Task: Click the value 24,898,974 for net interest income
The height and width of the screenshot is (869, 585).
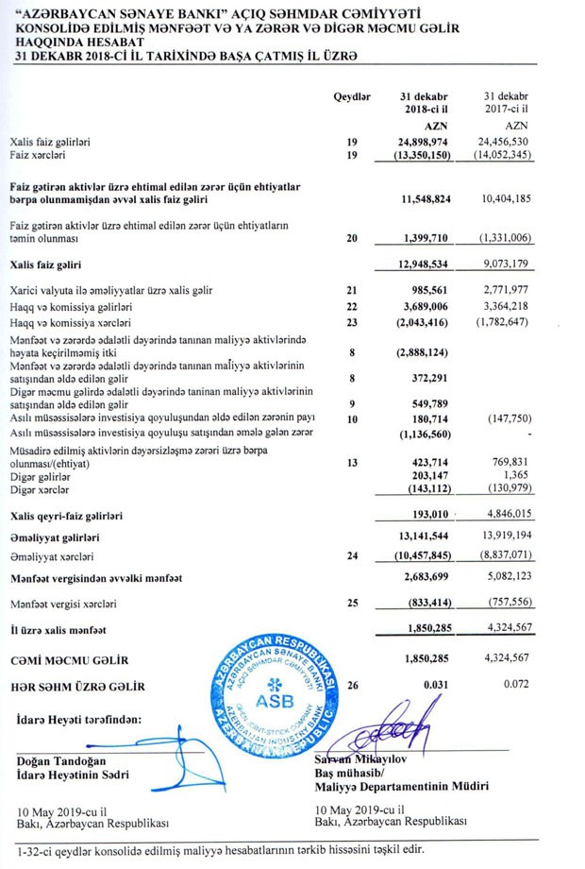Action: [423, 141]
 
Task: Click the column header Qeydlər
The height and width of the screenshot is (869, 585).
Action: [353, 97]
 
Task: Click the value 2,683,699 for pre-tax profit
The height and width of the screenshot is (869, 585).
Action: [424, 576]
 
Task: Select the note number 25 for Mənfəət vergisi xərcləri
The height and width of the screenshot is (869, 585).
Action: [353, 602]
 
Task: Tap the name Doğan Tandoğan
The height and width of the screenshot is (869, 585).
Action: [60, 760]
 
